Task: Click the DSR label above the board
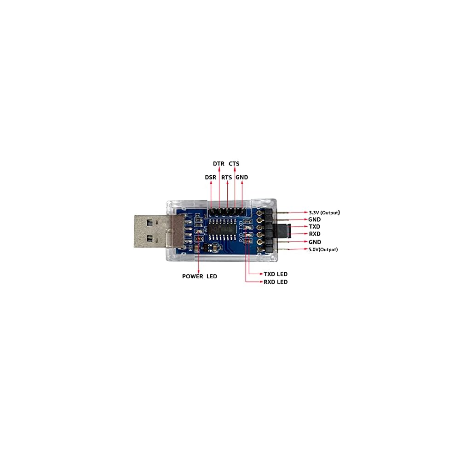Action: point(211,177)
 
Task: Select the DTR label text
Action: point(218,164)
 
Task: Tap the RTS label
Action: point(226,177)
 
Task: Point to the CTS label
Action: point(234,164)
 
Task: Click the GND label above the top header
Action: point(241,177)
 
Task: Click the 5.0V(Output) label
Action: point(323,249)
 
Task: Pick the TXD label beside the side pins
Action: point(314,227)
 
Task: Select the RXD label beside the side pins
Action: point(314,235)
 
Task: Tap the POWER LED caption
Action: point(200,276)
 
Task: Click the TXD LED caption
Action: point(276,274)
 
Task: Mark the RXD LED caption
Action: point(276,282)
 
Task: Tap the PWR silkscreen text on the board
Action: point(193,229)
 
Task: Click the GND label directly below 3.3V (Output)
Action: point(314,220)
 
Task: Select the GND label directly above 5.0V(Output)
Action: point(314,242)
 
